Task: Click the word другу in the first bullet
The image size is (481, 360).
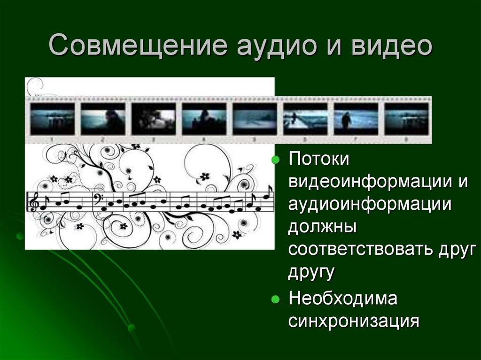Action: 310,273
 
